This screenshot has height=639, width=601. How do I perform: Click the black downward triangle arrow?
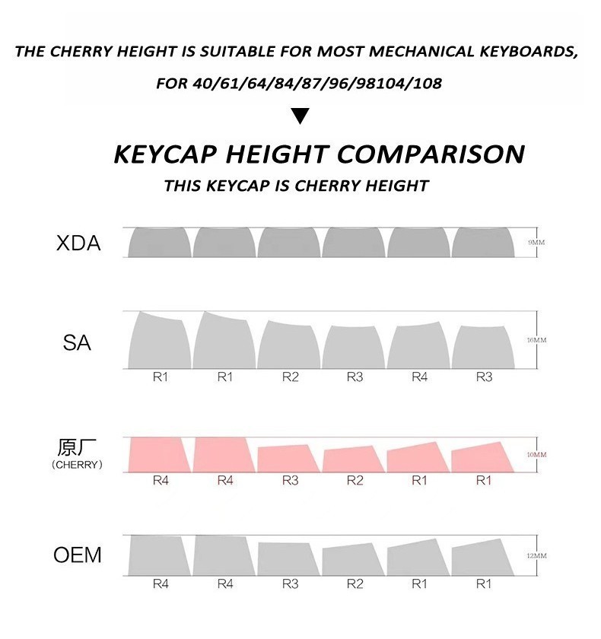[x=300, y=116]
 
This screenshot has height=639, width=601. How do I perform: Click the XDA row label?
[x=78, y=244]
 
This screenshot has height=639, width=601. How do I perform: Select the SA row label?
[x=77, y=343]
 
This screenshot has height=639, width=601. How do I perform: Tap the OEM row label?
[x=78, y=555]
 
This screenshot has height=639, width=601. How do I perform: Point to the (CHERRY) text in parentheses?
[x=77, y=464]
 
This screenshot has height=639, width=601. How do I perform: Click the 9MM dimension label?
[x=537, y=243]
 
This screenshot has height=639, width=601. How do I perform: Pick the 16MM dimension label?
[x=537, y=340]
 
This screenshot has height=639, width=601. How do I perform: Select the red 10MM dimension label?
[x=537, y=455]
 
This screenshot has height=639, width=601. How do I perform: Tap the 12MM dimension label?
[x=537, y=556]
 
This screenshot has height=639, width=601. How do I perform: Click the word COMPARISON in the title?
[x=430, y=154]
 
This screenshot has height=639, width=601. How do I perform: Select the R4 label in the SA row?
[x=419, y=377]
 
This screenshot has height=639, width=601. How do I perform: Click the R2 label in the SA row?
[x=290, y=377]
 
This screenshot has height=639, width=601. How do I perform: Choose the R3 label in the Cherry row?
[x=290, y=480]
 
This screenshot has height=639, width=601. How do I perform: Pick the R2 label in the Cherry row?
[x=355, y=480]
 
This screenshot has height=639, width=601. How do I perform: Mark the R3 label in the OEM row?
[x=290, y=583]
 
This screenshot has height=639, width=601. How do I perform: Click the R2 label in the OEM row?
[x=355, y=583]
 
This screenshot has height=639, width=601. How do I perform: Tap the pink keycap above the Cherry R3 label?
[x=288, y=459]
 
